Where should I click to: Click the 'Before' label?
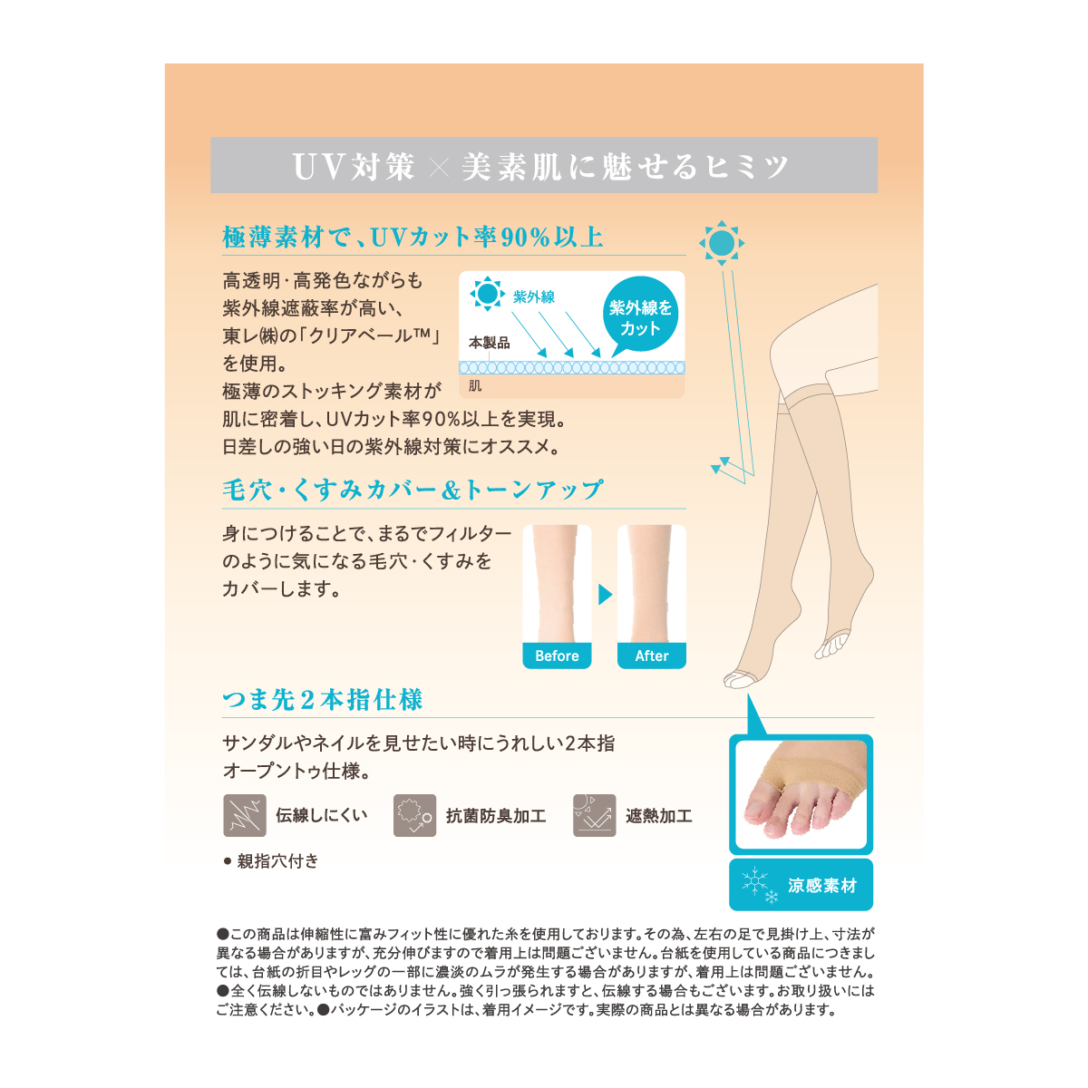(556, 656)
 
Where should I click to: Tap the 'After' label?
(652, 656)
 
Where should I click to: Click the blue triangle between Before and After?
(605, 594)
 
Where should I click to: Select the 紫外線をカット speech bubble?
(640, 314)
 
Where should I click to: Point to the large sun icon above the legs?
(721, 243)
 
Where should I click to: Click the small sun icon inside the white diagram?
(487, 294)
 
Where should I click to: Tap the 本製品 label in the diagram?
(489, 342)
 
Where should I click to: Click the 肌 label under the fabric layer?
(475, 385)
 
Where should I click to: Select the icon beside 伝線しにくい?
(245, 815)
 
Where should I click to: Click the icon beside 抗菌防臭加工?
(414, 815)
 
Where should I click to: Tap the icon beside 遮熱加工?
(594, 815)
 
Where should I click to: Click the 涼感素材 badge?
(801, 885)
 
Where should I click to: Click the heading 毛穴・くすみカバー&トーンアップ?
(413, 490)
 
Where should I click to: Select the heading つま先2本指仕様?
(323, 700)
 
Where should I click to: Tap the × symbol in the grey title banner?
(438, 167)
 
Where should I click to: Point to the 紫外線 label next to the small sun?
(533, 296)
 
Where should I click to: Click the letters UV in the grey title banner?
(319, 167)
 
